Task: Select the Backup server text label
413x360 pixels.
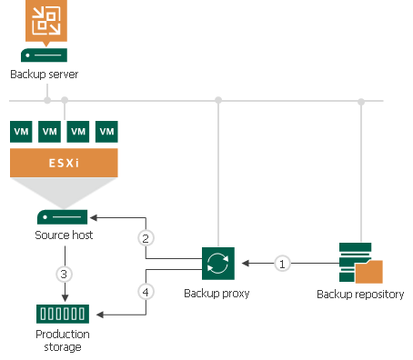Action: pos(45,74)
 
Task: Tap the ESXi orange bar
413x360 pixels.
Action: pos(64,163)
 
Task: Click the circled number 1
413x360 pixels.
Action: pos(282,264)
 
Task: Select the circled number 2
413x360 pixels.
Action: pos(145,239)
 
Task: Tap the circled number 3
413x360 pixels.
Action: pos(64,274)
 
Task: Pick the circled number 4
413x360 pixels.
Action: pos(145,293)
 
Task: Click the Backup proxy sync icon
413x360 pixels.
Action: pos(217,264)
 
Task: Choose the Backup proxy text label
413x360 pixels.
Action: pos(217,294)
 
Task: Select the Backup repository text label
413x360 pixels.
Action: pos(360,294)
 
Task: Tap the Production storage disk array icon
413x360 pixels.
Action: pos(63,315)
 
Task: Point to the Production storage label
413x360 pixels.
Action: pos(63,340)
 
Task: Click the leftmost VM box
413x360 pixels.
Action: pos(22,132)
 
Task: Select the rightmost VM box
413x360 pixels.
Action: pos(107,132)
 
